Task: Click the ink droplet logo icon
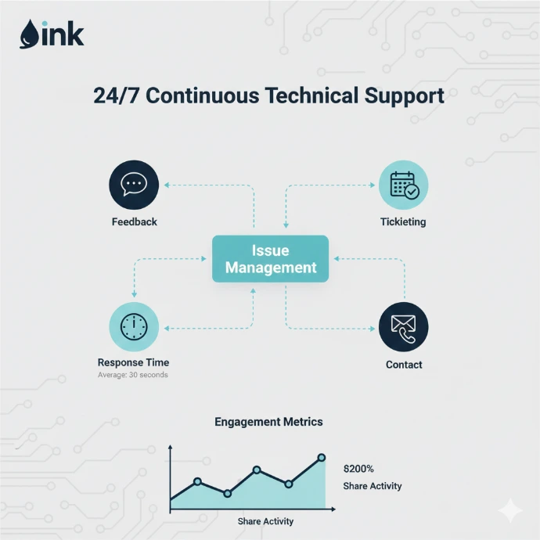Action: tap(29, 34)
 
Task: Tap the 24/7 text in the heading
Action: tap(117, 96)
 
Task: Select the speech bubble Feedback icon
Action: tap(134, 185)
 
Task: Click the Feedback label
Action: tap(134, 221)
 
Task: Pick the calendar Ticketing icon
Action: tap(404, 185)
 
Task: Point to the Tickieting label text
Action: tap(404, 221)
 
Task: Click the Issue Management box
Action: tap(271, 259)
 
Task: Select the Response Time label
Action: tap(133, 362)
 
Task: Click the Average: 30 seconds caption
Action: tap(133, 376)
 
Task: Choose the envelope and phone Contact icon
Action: tap(404, 327)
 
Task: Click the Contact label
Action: tap(404, 365)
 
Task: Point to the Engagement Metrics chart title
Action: tap(268, 422)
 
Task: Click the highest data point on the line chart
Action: tap(322, 457)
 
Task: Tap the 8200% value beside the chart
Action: tap(359, 469)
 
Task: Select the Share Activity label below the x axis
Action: tap(266, 521)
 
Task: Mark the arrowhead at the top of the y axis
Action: tap(171, 448)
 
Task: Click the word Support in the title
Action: tap(405, 96)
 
